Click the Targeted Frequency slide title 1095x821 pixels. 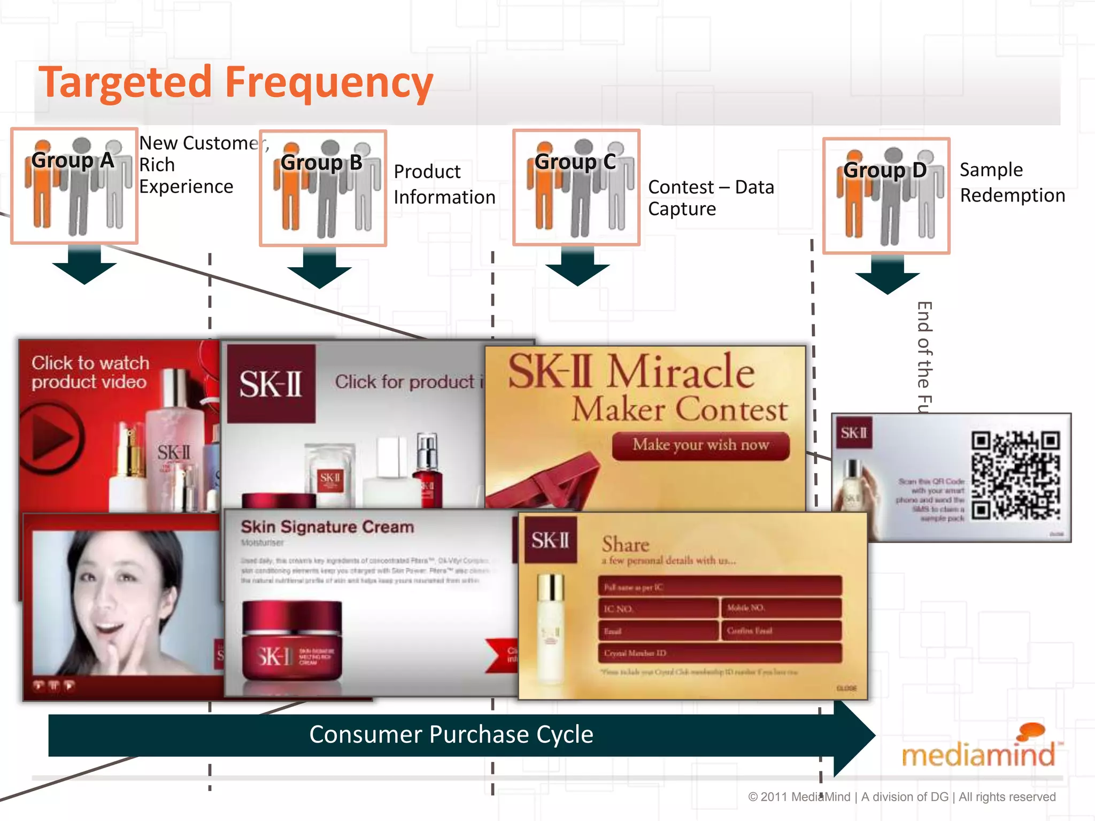tap(235, 83)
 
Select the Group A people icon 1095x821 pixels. tap(74, 186)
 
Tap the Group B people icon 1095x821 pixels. tap(323, 188)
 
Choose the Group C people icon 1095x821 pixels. tap(576, 187)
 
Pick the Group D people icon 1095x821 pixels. tap(886, 196)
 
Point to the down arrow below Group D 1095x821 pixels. tap(887, 274)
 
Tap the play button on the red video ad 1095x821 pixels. tap(51, 438)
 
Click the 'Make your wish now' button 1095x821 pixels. tap(700, 445)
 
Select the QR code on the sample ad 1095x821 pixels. tap(1015, 475)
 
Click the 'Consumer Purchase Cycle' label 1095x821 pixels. tap(451, 735)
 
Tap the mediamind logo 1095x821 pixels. tap(979, 748)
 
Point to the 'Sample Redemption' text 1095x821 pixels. tap(1012, 183)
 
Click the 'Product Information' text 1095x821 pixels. tap(444, 184)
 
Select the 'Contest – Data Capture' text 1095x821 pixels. tap(711, 198)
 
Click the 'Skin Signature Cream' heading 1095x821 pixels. tap(327, 527)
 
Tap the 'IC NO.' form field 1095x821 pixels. tap(658, 609)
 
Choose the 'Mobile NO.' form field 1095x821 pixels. tap(781, 608)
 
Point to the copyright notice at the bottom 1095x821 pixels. tap(901, 797)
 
